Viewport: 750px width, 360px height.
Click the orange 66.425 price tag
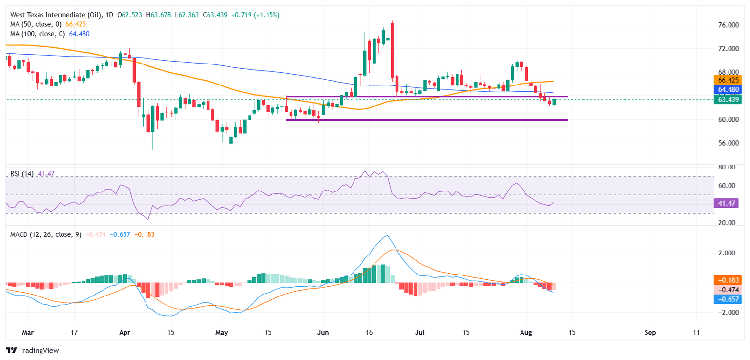tap(728, 80)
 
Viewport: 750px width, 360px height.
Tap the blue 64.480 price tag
tap(728, 89)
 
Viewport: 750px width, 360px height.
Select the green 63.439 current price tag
tap(728, 100)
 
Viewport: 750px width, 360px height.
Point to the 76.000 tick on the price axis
tap(725, 25)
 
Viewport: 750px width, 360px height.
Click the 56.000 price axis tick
tap(725, 143)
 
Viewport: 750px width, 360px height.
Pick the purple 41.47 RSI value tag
tap(726, 203)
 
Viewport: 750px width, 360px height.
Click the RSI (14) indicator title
tap(22, 174)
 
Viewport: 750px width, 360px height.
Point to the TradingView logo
tap(32, 350)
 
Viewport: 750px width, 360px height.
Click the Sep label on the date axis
tap(650, 333)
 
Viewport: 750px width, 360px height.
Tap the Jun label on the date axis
tap(323, 333)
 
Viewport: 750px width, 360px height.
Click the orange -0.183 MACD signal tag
tap(728, 280)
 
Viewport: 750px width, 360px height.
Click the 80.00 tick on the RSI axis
tap(724, 167)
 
